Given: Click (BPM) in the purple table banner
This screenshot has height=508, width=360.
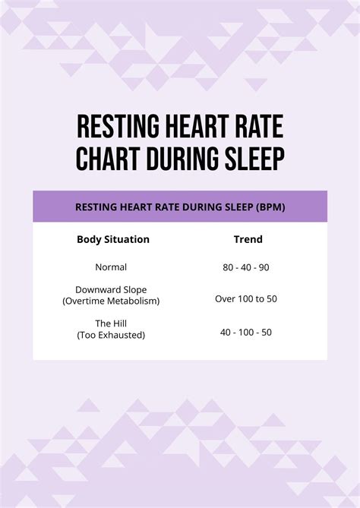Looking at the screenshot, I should coord(271,207).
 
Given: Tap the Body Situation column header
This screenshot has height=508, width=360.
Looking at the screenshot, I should coord(113,239).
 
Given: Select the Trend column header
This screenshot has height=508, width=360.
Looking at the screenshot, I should coord(248,239).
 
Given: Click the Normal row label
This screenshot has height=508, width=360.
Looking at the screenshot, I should coord(111,267).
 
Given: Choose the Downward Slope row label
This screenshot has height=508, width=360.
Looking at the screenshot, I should coord(111,290).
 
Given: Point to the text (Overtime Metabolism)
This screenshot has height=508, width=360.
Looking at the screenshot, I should coord(111,301).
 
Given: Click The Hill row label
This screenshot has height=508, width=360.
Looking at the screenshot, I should coord(111,323).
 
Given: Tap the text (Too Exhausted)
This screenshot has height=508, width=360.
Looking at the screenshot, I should coord(111,334).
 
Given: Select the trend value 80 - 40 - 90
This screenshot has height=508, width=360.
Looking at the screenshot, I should coord(246,267).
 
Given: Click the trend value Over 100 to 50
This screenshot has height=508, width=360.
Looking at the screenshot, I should coord(246,298).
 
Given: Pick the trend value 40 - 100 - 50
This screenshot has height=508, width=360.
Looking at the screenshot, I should coord(246,332).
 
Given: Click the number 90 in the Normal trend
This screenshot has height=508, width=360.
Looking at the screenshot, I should coord(265,267).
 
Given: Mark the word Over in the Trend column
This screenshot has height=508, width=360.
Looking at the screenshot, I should coord(226,298).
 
